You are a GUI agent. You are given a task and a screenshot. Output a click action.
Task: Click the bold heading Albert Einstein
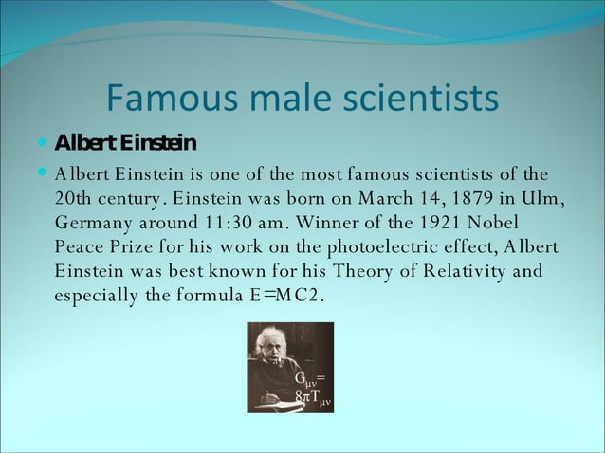tap(125, 144)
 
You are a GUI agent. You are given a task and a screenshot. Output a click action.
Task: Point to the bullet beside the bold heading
tap(44, 143)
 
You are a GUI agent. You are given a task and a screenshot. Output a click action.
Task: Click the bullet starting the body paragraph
tap(44, 174)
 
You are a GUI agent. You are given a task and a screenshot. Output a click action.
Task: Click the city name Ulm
tap(545, 199)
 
